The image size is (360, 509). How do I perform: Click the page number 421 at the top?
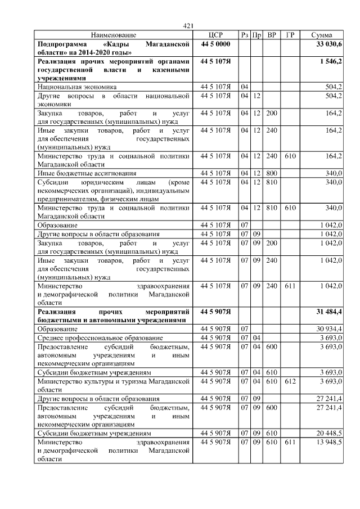(x=188, y=25)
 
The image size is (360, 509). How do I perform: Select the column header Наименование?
(x=113, y=35)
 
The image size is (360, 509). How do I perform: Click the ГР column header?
(x=290, y=35)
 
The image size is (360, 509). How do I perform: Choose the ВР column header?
(x=272, y=35)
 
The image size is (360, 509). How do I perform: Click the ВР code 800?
(x=272, y=173)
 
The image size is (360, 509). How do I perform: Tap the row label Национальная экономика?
(x=77, y=87)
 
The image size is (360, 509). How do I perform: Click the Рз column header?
(x=245, y=35)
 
